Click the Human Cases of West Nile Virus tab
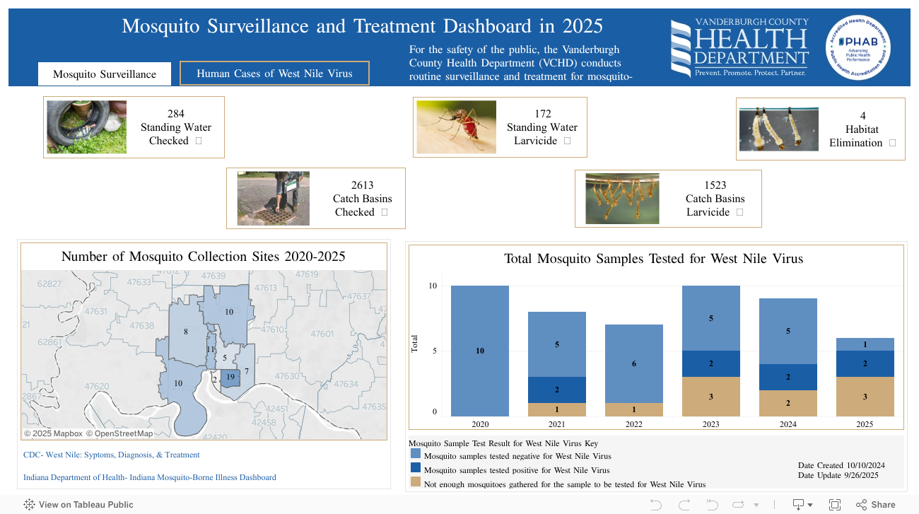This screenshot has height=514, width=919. pos(274,74)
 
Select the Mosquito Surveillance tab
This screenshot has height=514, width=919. pos(105,74)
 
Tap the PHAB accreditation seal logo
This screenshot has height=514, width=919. pos(857,47)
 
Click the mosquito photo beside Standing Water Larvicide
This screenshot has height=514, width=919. pos(456,127)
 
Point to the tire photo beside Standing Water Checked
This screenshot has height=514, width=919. pos(87,127)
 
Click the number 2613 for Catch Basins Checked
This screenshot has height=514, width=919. pos(362,185)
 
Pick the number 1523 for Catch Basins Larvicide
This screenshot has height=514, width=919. pos(715,185)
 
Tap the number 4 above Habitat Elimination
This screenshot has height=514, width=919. pos(862,116)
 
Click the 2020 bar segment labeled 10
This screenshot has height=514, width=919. pos(480,351)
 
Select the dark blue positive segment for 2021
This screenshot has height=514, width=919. pos(557,390)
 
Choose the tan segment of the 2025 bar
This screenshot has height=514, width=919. pos(865,397)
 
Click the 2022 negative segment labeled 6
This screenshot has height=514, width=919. pos(634,363)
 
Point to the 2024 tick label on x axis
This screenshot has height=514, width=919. pos(788,424)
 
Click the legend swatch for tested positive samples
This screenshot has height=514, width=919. pos(415,469)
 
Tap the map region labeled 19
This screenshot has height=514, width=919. pos(231,378)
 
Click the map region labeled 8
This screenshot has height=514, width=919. pos(185,332)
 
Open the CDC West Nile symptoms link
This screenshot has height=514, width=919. pos(112,455)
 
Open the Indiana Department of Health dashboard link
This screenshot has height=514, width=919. pos(150,478)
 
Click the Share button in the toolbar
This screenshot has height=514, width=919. pos(876,505)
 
